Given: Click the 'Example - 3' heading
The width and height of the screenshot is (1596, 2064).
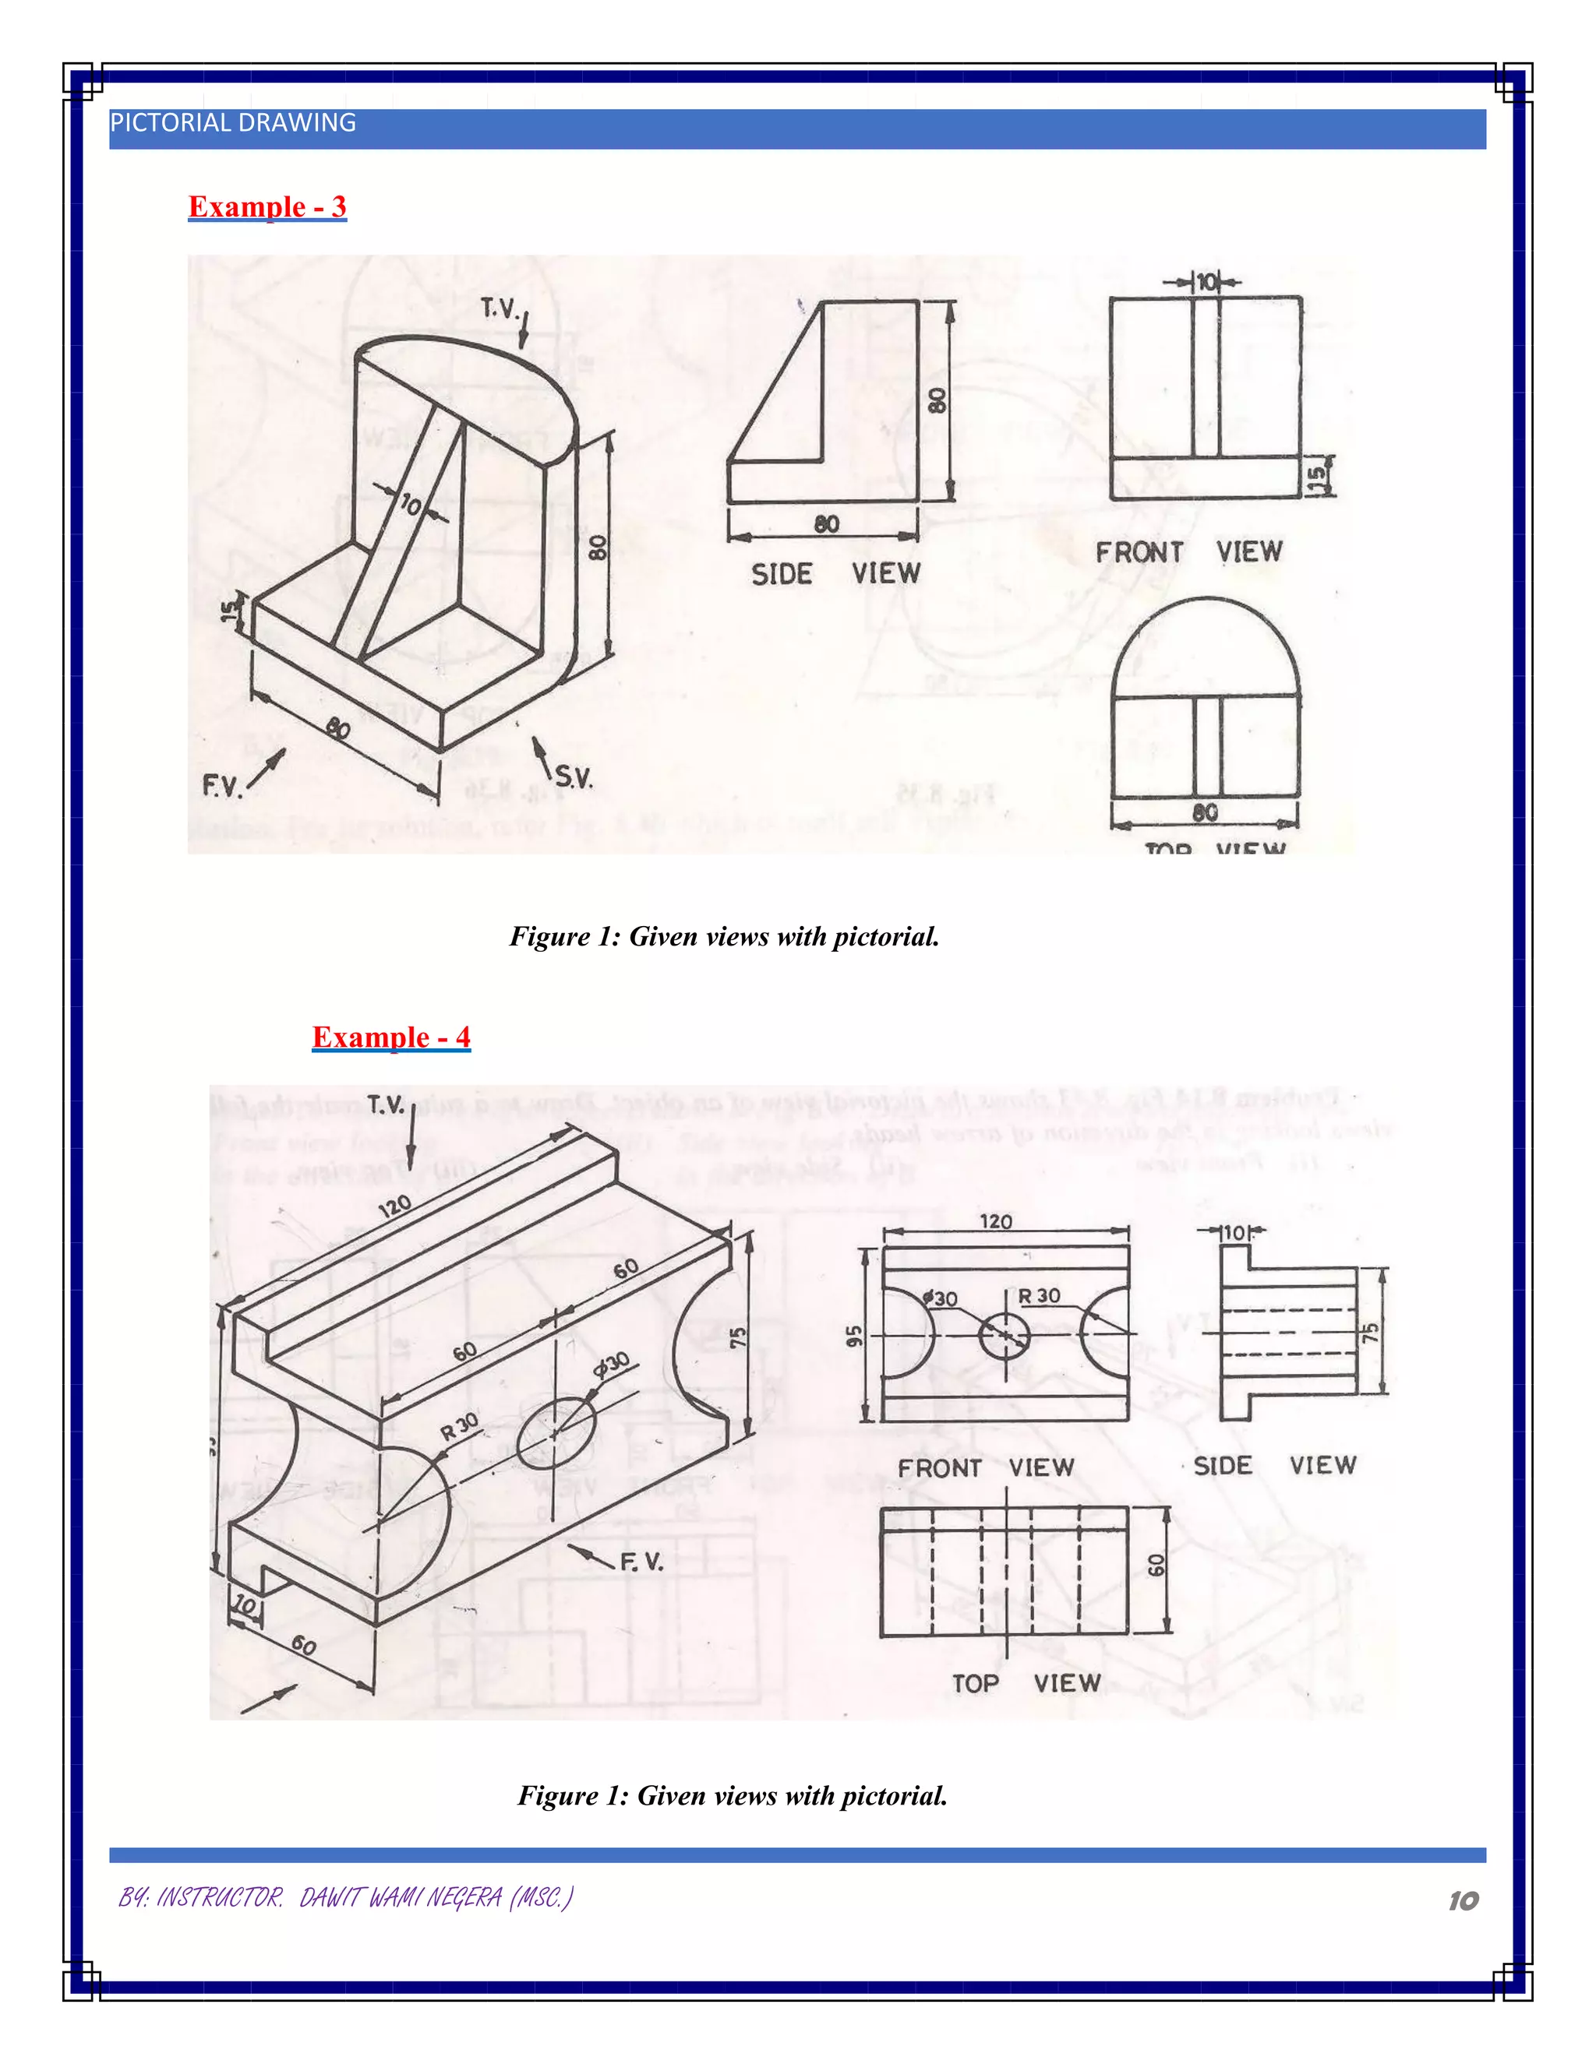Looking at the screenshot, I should point(267,206).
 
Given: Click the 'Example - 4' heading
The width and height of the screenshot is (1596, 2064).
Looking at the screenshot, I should point(390,1037).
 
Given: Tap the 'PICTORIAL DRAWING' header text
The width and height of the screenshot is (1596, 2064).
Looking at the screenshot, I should point(232,123).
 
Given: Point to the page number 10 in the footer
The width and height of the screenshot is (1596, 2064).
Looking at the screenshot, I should point(1463,1900).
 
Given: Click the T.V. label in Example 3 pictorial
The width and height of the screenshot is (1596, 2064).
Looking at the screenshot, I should point(500,308).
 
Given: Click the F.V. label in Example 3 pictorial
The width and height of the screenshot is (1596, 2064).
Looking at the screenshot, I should point(222,785).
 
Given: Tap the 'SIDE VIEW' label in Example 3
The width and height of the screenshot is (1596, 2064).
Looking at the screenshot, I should point(835,574).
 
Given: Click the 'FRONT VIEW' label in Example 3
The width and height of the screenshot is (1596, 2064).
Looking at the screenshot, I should point(1188,552).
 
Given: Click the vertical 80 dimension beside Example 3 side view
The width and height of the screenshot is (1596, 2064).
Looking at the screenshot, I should point(936,400).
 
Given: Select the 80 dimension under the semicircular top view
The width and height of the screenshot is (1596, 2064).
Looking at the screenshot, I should point(1205,812).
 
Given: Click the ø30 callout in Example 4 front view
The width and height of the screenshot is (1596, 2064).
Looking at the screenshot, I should point(941,1298).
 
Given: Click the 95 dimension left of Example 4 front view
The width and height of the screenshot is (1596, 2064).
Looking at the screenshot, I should point(855,1335).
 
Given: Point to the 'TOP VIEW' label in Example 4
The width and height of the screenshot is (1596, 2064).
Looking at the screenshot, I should point(1026,1683).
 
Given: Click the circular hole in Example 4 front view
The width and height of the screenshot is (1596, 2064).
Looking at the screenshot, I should point(1004,1334).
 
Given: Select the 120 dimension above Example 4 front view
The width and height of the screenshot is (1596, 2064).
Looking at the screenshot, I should point(996,1222).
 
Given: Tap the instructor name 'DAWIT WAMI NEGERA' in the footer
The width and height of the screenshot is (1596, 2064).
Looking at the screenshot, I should point(400,1897).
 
